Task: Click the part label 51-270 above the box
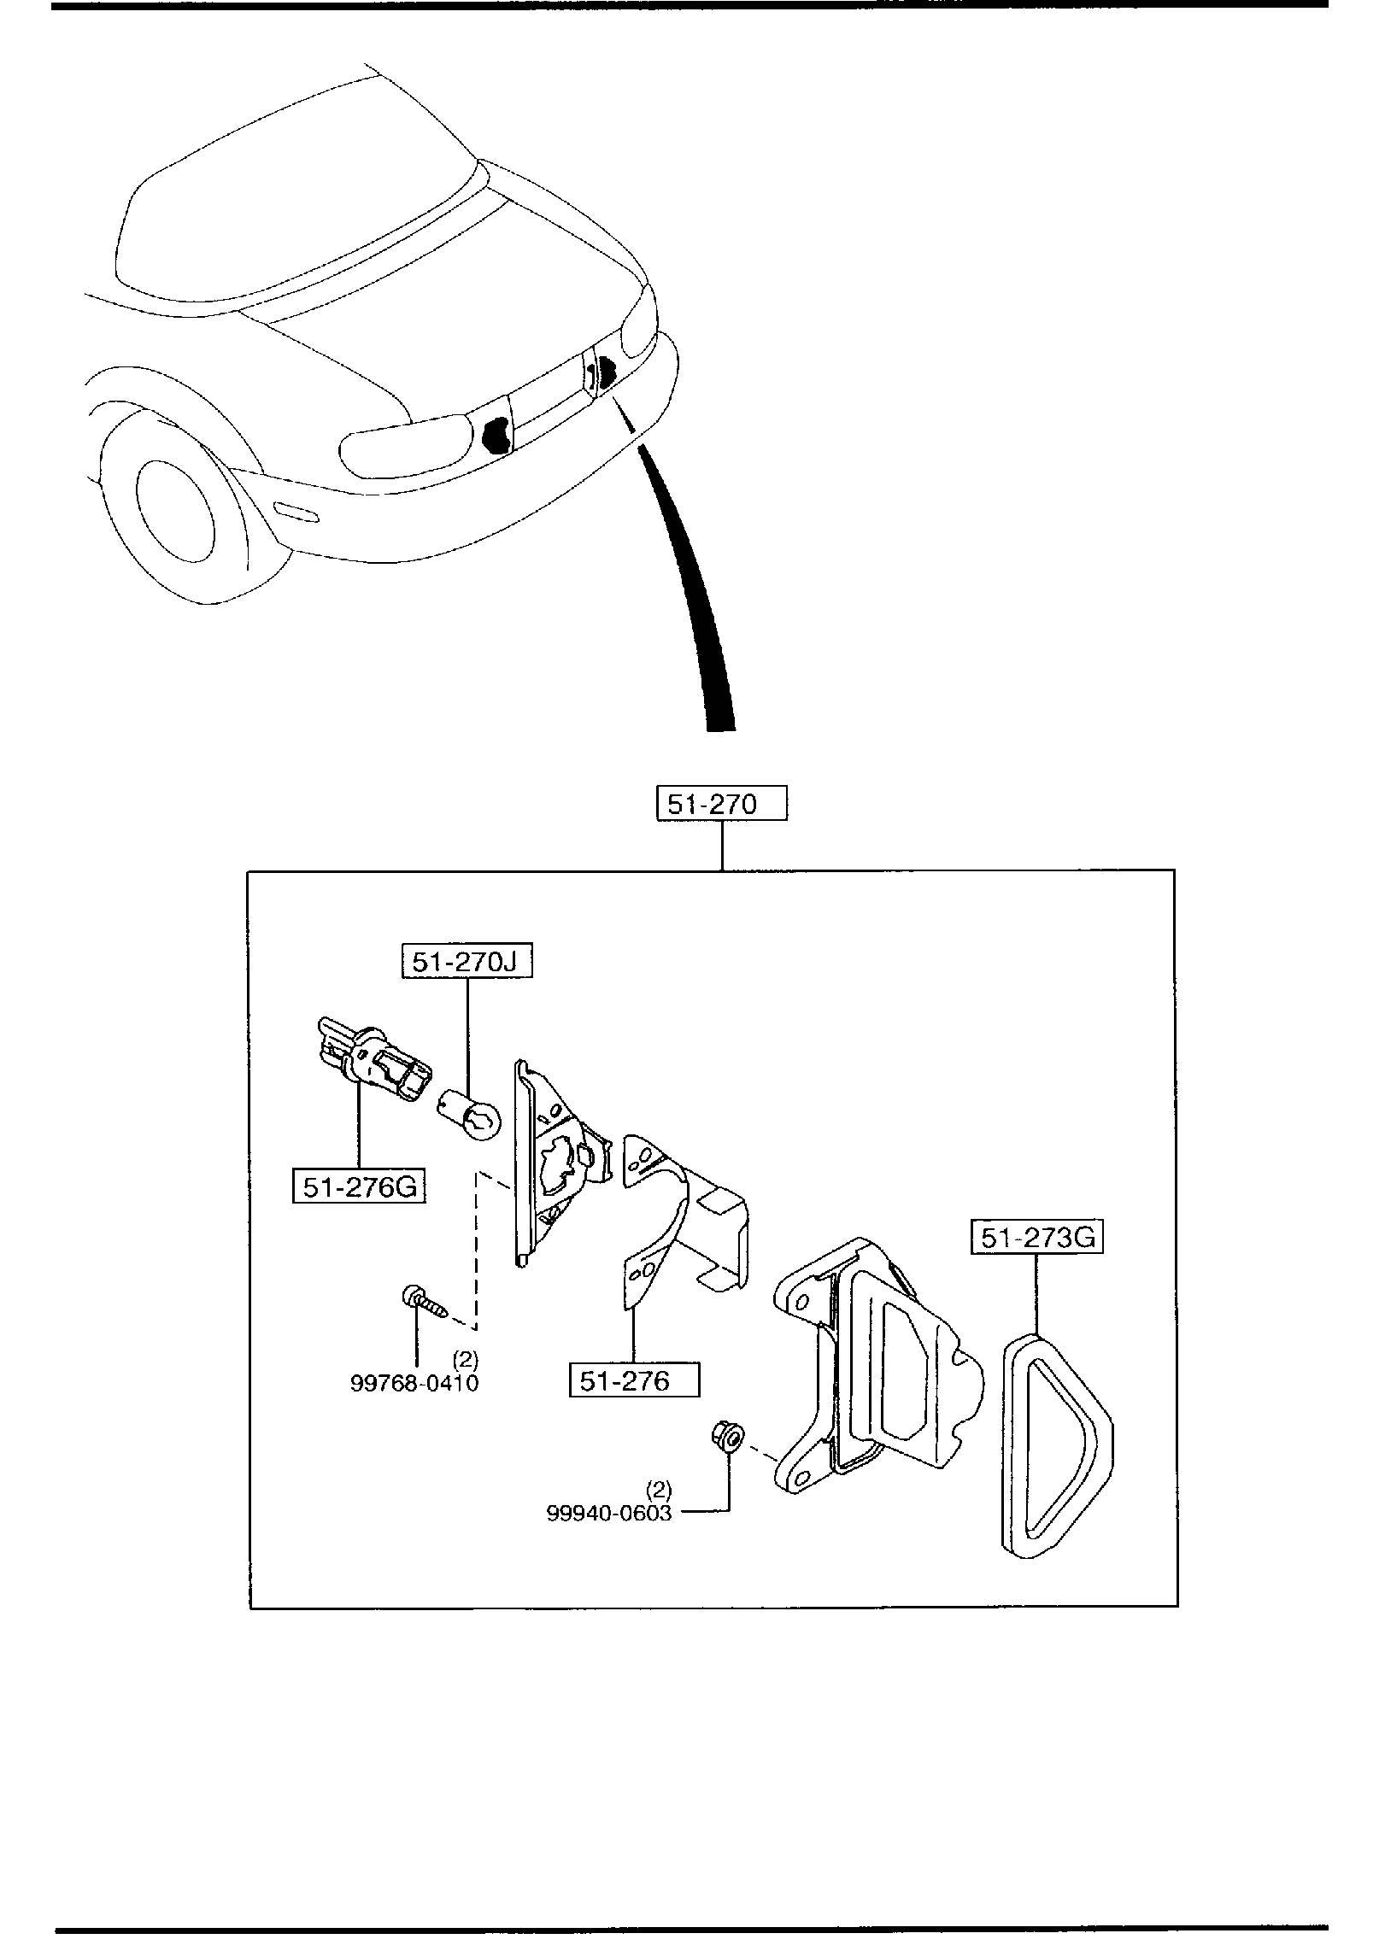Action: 721,805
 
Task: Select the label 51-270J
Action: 467,962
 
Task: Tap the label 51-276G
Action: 359,1187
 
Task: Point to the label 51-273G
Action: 1036,1238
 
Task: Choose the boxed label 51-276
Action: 634,1380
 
